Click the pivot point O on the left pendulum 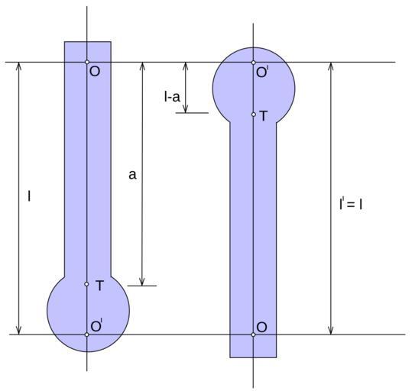(x=87, y=62)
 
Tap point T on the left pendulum (x=86, y=284)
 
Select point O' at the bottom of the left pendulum (x=86, y=334)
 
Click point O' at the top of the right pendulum (x=253, y=63)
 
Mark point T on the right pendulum (x=253, y=115)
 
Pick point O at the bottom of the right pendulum (x=253, y=334)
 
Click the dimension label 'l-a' (x=172, y=97)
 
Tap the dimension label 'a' (x=132, y=174)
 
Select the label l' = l (x=351, y=204)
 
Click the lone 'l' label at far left (x=29, y=196)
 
